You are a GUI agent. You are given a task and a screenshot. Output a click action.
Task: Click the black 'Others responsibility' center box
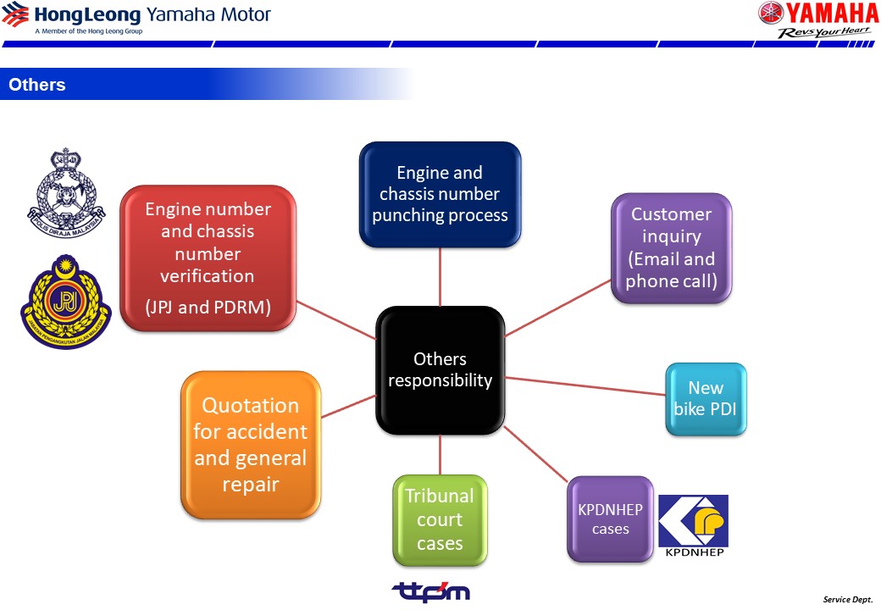(x=440, y=370)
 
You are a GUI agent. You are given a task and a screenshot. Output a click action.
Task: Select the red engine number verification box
(x=208, y=258)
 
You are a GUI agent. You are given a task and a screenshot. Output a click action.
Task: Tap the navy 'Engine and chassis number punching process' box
(x=440, y=194)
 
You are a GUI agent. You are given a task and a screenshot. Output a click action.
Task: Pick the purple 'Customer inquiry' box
(x=671, y=247)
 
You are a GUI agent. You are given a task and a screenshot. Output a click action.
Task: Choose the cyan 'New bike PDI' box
(x=706, y=399)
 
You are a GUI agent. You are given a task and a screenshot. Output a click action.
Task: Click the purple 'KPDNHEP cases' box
(x=610, y=518)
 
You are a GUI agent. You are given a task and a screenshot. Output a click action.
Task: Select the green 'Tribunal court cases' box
(x=440, y=519)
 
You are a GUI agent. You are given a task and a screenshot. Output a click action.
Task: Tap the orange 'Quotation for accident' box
(x=251, y=444)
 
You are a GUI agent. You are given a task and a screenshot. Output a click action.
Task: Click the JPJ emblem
(x=65, y=301)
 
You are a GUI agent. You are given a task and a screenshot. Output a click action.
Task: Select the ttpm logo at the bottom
(x=430, y=591)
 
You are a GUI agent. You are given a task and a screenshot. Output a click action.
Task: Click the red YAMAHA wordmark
(x=828, y=14)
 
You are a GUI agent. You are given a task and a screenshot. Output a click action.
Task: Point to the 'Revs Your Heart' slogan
(x=824, y=32)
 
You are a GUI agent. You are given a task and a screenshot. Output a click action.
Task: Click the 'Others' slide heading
(x=37, y=85)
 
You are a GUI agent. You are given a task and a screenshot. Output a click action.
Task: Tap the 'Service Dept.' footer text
(x=847, y=599)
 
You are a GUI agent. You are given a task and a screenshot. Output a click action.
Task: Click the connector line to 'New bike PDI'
(x=585, y=386)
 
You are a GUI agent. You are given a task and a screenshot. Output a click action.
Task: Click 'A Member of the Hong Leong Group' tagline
(x=88, y=31)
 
